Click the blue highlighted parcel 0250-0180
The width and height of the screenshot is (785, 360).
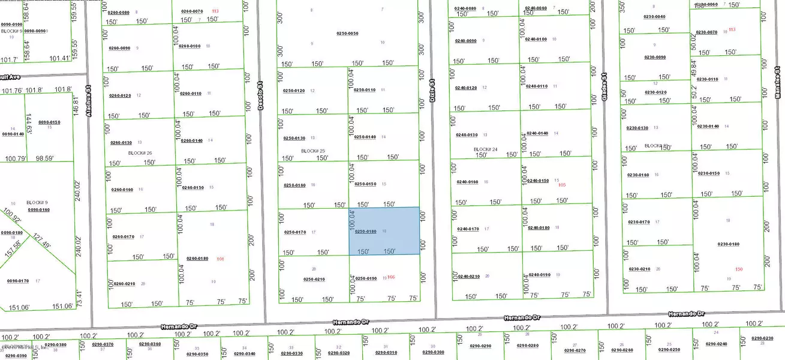pyautogui.click(x=384, y=231)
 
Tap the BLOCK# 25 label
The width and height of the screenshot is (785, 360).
pyautogui.click(x=313, y=151)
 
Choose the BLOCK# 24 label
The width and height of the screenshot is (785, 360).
pyautogui.click(x=486, y=149)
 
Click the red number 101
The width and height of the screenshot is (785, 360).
pyautogui.click(x=220, y=259)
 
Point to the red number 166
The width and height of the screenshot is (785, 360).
pyautogui.click(x=392, y=277)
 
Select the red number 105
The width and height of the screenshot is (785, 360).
pyautogui.click(x=562, y=185)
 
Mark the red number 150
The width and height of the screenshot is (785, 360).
pyautogui.click(x=739, y=269)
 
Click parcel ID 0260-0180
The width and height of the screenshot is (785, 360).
pyautogui.click(x=197, y=259)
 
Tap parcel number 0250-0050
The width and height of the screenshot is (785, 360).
pyautogui.click(x=347, y=34)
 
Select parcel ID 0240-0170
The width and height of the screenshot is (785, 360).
pyautogui.click(x=468, y=229)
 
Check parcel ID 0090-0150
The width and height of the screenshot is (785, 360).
pyautogui.click(x=50, y=122)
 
